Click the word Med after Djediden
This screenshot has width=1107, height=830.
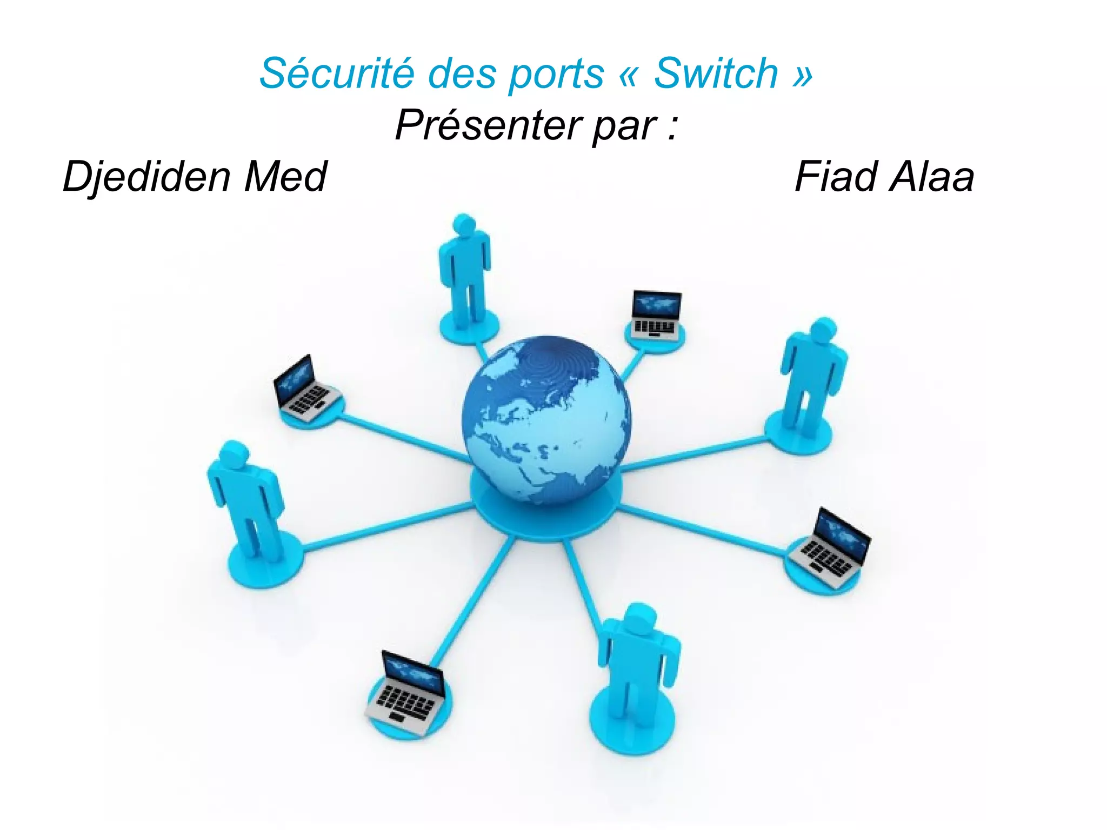285,177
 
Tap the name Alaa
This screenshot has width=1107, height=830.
932,177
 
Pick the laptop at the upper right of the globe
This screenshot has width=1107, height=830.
656,315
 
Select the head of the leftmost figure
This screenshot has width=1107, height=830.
234,454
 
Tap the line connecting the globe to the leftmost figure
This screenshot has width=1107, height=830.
389,527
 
